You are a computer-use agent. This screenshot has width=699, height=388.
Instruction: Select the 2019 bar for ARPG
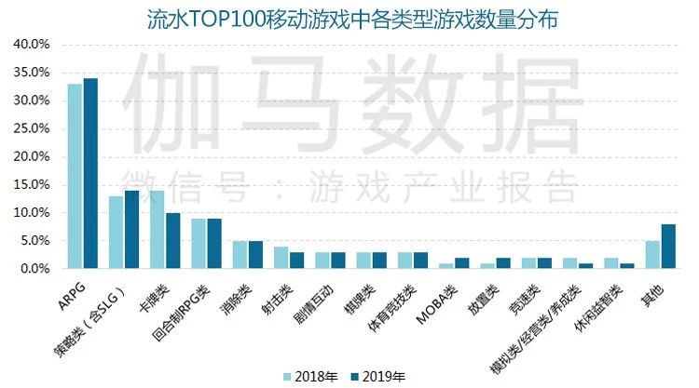(90, 174)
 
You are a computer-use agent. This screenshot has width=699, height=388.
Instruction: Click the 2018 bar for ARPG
(75, 177)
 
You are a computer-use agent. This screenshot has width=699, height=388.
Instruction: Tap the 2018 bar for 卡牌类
(158, 230)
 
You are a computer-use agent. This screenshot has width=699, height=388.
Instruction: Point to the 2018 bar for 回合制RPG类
(199, 244)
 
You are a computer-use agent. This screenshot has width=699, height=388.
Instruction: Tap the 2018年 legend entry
(311, 376)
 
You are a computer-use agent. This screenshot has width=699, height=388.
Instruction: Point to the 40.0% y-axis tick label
(31, 45)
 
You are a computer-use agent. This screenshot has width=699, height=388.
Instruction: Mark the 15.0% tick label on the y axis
(31, 185)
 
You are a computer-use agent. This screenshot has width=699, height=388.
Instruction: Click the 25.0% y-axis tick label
(31, 128)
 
